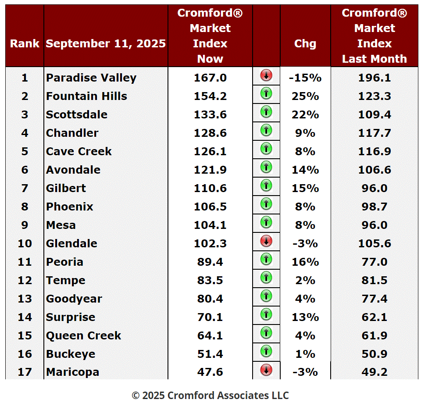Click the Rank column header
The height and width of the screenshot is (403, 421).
coord(25,44)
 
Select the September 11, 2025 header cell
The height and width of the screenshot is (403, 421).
coord(106,44)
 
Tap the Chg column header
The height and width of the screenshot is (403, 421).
coord(305,44)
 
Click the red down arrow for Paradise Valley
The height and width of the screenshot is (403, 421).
coord(266,75)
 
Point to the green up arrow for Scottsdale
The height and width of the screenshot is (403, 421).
coord(266,112)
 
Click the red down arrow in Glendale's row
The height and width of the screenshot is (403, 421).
coord(266,241)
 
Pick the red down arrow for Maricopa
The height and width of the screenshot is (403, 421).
coord(266,370)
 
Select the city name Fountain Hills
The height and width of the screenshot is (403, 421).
coord(86,96)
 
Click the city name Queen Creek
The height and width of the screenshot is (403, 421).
coord(83,335)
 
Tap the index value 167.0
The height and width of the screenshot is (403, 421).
coord(210,78)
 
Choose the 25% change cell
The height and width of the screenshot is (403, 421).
coord(305,96)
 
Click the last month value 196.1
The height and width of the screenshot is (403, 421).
coord(375,78)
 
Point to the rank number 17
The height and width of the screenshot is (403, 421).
coord(25,372)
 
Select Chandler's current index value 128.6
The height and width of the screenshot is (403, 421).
coord(210,133)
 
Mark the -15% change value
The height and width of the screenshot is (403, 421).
coord(305,78)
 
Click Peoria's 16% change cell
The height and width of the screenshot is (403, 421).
coord(305,262)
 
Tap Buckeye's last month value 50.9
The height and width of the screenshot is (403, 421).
coord(375,354)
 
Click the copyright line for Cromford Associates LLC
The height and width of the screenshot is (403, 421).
coord(210,395)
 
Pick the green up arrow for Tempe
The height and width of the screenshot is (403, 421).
coord(266,278)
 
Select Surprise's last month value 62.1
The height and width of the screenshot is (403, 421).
coord(375,317)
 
